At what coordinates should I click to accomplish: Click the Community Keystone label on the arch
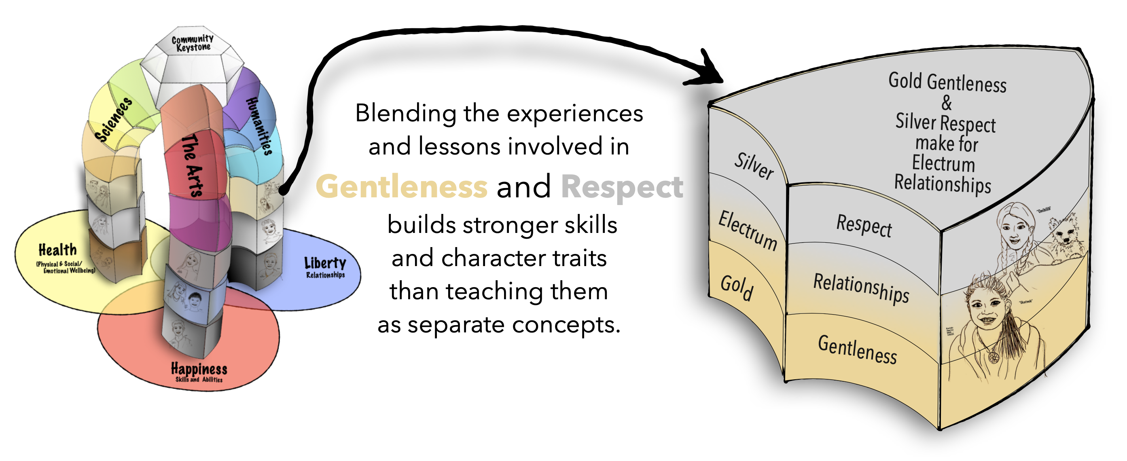[193, 43]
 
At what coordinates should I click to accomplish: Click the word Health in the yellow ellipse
[57, 250]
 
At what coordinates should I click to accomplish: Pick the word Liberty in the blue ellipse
[325, 263]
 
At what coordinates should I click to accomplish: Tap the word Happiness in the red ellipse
[199, 369]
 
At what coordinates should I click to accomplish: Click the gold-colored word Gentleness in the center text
[402, 186]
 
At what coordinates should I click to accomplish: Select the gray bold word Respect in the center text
[622, 187]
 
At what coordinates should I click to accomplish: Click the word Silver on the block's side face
[753, 166]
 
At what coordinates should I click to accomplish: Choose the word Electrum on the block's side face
[748, 230]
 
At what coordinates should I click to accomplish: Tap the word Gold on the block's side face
[737, 288]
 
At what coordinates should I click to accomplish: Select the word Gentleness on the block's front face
[858, 349]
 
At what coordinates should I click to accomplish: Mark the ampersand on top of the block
[946, 103]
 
